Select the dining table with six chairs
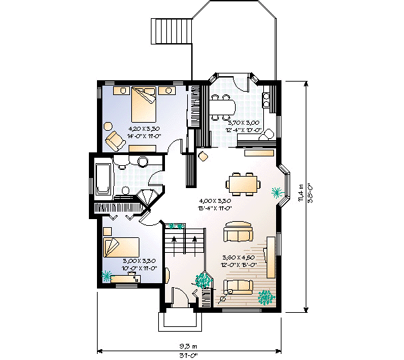(243, 183)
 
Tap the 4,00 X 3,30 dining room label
(215, 201)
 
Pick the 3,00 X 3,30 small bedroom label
(139, 260)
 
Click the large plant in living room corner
(267, 296)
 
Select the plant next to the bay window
(276, 193)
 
